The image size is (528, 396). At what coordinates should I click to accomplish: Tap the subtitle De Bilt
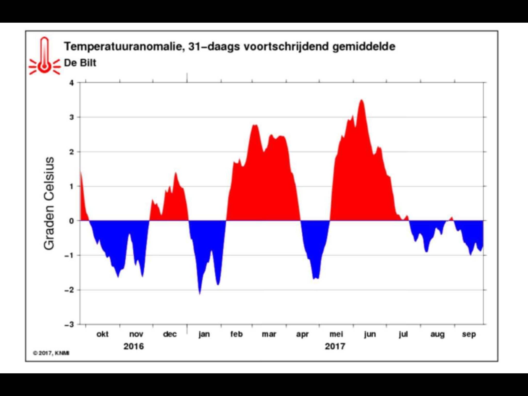(80, 63)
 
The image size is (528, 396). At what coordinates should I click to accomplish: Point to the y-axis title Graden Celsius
(49, 203)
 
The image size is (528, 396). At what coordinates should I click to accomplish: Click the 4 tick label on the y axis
(71, 83)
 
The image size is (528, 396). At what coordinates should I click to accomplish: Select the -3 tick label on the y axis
(69, 324)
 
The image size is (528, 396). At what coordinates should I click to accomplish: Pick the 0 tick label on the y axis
(71, 221)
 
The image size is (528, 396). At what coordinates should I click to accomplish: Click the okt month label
(102, 334)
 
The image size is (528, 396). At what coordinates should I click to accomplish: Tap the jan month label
(204, 334)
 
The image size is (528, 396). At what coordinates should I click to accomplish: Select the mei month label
(336, 334)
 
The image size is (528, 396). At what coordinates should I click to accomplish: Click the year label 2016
(134, 346)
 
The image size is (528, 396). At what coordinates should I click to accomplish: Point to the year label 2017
(335, 346)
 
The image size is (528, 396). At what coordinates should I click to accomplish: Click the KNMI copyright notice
(51, 353)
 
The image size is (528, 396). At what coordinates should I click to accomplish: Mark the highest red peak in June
(361, 100)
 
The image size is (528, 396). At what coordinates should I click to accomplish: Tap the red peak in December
(176, 173)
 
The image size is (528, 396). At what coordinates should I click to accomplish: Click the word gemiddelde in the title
(364, 47)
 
